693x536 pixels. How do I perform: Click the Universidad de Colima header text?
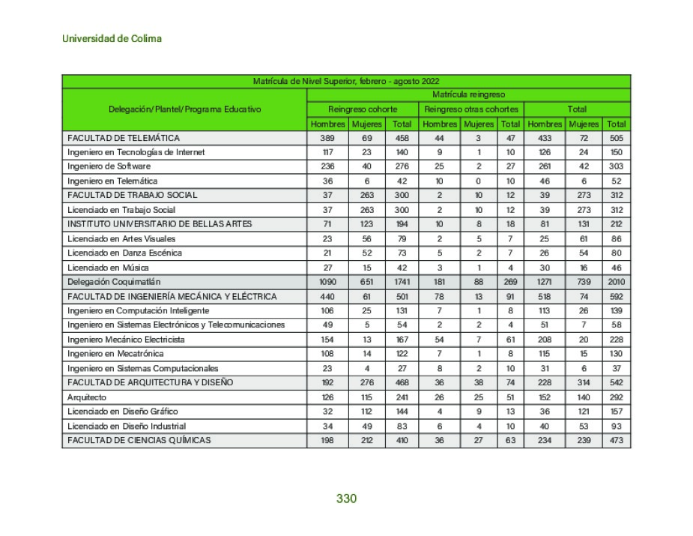pos(112,38)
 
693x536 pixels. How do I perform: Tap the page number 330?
pos(346,499)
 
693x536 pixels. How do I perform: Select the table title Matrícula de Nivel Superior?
pos(345,81)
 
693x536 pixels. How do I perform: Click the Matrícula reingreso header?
pos(468,95)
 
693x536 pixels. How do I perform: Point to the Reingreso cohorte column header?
pos(363,109)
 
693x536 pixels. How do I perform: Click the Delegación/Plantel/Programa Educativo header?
pos(185,109)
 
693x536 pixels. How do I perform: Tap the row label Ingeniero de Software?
pos(109,166)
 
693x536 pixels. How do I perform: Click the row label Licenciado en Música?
pos(108,268)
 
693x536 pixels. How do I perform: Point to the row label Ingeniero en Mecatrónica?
pos(115,354)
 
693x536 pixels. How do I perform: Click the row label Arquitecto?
pos(87,397)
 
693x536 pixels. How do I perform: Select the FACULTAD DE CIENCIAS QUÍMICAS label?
pos(139,440)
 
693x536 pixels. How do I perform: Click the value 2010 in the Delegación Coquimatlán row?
pos(617,282)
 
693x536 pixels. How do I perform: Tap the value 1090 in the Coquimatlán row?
pos(327,282)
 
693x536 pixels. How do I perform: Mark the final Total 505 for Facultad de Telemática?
pos(617,138)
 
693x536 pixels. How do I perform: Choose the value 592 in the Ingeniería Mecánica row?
pos(617,296)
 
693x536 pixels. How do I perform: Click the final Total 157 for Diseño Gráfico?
pos(617,412)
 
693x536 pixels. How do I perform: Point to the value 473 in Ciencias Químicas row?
pos(617,440)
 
